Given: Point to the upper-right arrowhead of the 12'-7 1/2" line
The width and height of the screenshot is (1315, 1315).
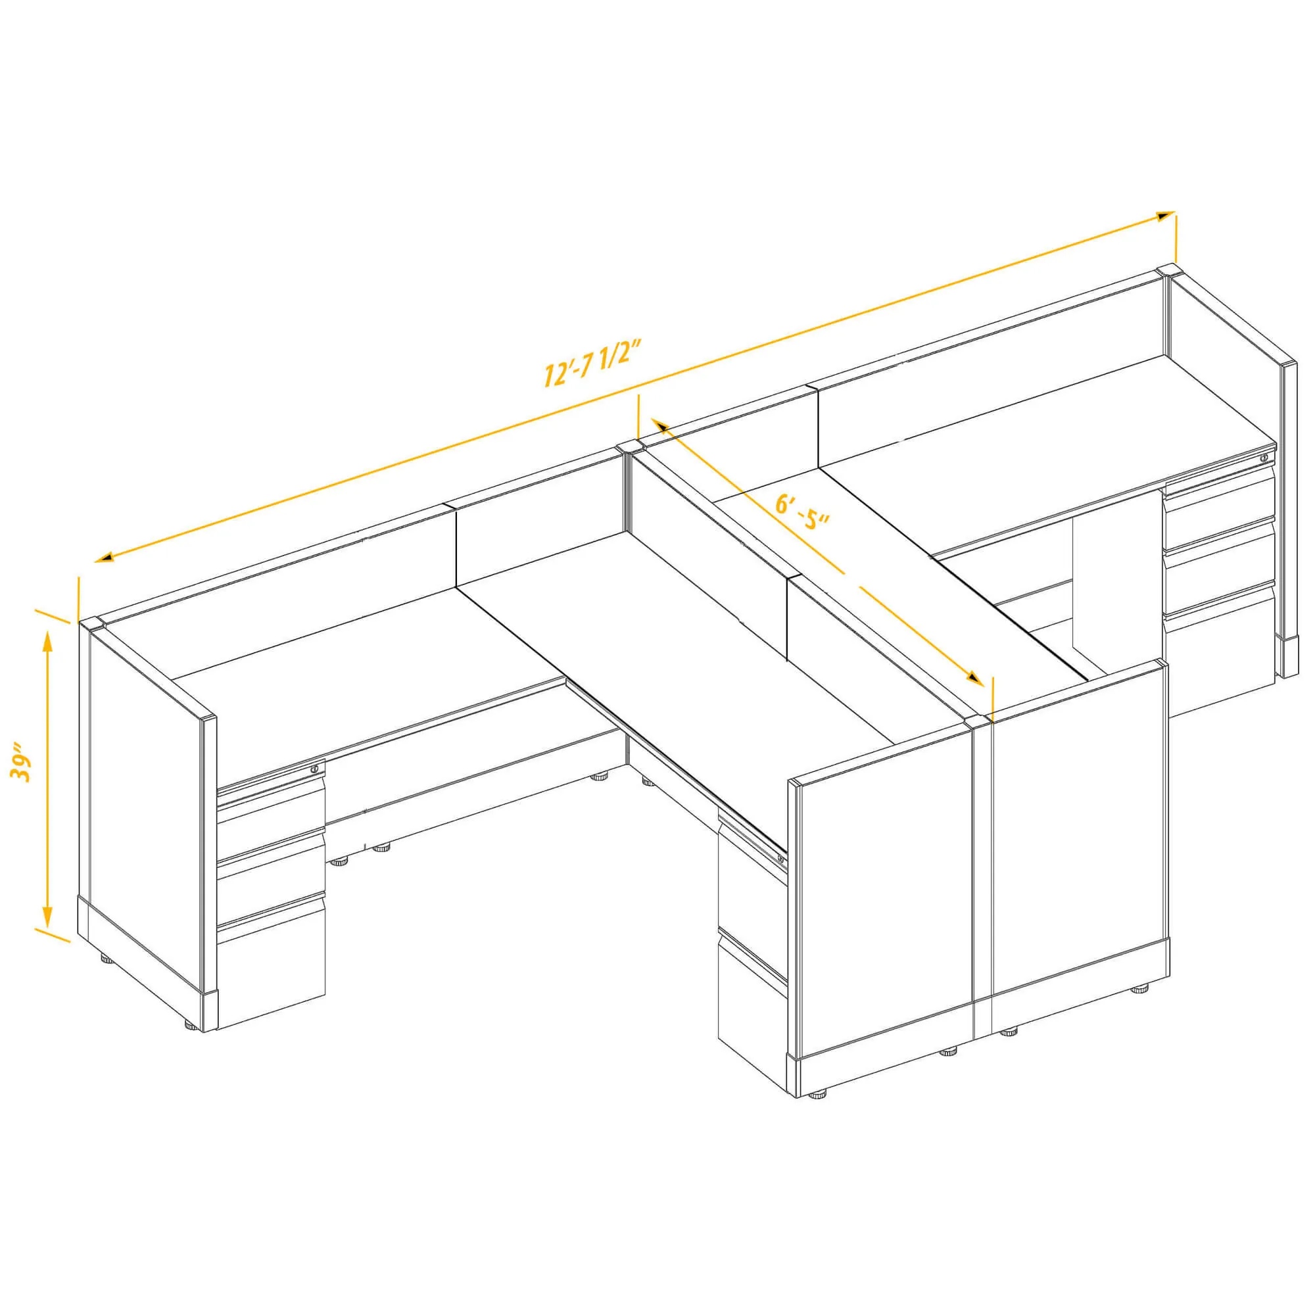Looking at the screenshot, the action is (1164, 216).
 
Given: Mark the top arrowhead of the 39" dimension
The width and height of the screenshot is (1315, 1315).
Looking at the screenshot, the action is (47, 640).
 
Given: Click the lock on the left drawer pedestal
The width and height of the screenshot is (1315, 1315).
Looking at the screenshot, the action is (314, 769).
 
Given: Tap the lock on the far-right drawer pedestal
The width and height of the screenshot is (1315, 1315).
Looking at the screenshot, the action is (1263, 458).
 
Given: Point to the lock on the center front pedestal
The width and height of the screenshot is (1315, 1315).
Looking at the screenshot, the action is (780, 859).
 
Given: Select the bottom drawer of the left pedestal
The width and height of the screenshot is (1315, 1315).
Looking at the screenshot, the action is (271, 969).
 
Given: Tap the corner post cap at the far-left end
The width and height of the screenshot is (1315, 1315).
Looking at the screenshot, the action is (91, 623).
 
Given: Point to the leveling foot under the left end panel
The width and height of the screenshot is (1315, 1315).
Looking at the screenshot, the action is (108, 959).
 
